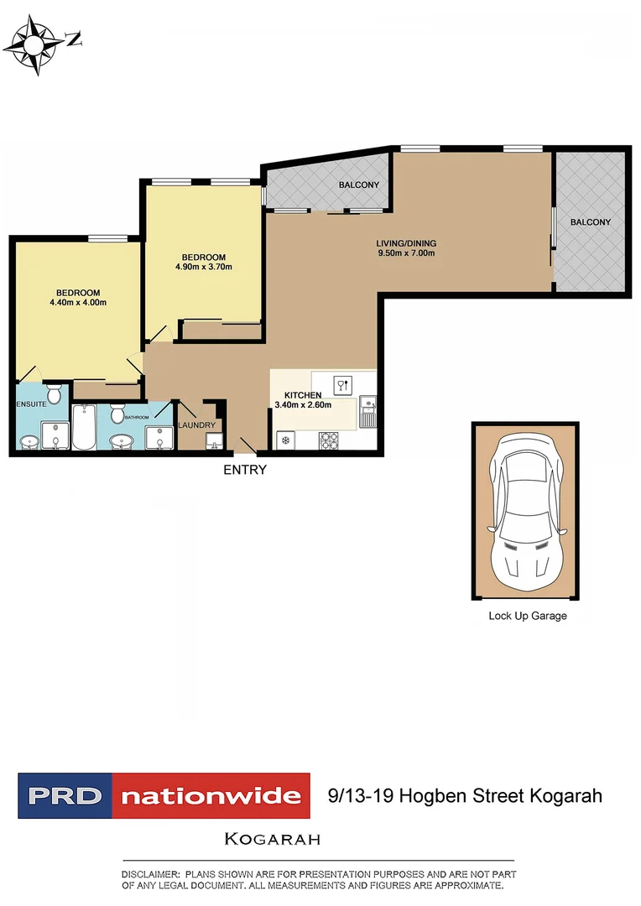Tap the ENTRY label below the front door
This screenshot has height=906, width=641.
point(244,470)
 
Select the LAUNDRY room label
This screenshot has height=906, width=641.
point(197,425)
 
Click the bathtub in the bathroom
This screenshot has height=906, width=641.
point(85,427)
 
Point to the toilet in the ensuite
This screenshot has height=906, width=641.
point(55,393)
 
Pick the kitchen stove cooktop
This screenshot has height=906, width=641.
point(328,439)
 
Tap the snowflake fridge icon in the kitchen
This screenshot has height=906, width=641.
point(285,440)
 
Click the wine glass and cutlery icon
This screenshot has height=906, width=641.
point(342,386)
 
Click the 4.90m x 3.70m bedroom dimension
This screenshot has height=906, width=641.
point(203,268)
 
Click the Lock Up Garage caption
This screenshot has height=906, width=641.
point(528,616)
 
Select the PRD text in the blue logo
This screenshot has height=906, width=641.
point(65,795)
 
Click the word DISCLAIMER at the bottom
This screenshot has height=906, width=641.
point(150,874)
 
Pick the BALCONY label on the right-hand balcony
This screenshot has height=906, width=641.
point(591,222)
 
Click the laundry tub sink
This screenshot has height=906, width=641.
point(213,439)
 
